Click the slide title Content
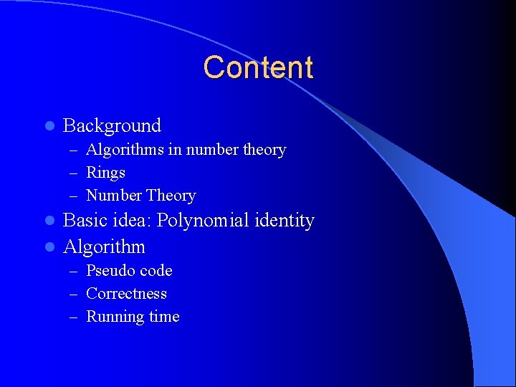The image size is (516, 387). pos(258,67)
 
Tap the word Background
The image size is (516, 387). pos(112,126)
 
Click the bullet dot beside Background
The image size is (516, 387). pos(49,126)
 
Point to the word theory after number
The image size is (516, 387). pos(264,150)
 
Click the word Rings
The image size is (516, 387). pos(105,173)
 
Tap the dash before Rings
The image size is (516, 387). pos(74,173)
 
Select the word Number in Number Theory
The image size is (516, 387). pos(114,196)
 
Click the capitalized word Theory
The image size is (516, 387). pos(171,196)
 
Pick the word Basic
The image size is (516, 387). pos(85,221)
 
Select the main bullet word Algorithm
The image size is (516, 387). pos(104,247)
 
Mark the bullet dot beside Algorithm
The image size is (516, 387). pos(49,247)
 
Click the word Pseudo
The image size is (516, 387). pos(110,271)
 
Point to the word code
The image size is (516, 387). pos(156,271)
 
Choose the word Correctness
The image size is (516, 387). pos(126,294)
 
